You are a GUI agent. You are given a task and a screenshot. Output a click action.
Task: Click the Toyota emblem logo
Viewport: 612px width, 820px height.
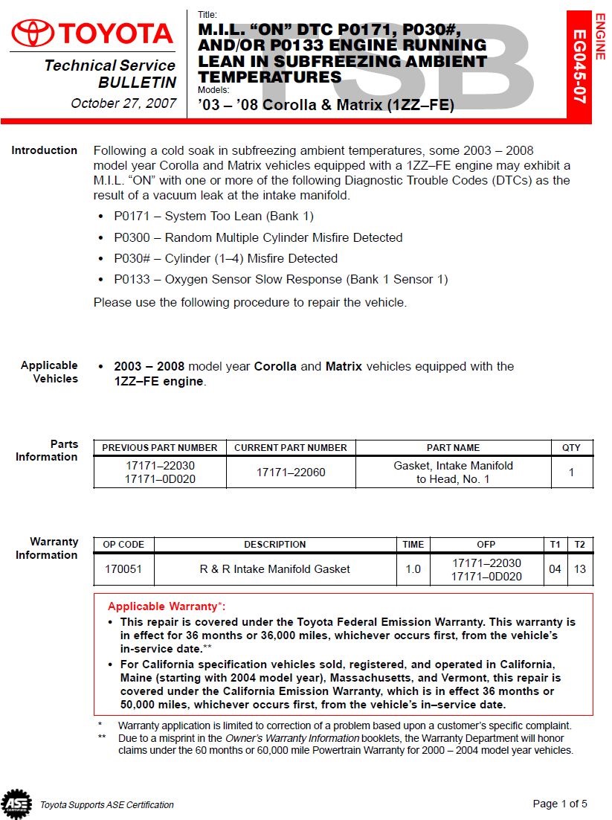(31, 33)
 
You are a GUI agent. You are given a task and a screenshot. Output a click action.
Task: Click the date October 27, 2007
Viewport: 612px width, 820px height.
(123, 103)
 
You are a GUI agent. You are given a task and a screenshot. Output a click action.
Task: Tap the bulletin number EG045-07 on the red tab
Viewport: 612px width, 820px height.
(579, 66)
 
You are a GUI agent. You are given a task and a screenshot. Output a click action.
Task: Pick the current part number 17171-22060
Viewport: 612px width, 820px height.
(291, 473)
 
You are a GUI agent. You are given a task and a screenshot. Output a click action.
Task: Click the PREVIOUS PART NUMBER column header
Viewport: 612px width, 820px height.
(160, 448)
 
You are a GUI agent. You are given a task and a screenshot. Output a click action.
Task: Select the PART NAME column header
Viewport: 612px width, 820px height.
(453, 448)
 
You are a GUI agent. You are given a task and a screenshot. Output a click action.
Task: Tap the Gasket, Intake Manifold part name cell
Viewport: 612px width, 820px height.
(453, 473)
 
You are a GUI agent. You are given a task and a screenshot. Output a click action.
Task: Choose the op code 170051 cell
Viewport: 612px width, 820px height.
(123, 569)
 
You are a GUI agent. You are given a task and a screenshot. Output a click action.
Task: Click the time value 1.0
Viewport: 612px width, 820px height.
(413, 569)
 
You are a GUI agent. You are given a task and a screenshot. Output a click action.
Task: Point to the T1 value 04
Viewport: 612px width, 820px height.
(555, 569)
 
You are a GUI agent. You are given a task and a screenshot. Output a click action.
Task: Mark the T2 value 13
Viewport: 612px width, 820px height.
(580, 569)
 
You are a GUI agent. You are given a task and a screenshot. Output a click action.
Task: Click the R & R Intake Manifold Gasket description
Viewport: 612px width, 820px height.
(274, 569)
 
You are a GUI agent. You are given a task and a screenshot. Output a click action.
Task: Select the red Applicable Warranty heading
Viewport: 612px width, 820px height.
(167, 606)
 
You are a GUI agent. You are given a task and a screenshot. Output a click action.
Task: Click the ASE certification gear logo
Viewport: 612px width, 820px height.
(16, 804)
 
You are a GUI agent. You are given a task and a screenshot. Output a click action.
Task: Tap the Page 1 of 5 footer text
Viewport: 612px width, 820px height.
(560, 804)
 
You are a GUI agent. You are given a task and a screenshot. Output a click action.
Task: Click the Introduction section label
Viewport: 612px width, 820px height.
(44, 150)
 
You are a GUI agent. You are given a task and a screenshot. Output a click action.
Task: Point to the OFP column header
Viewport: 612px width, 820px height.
(486, 545)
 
